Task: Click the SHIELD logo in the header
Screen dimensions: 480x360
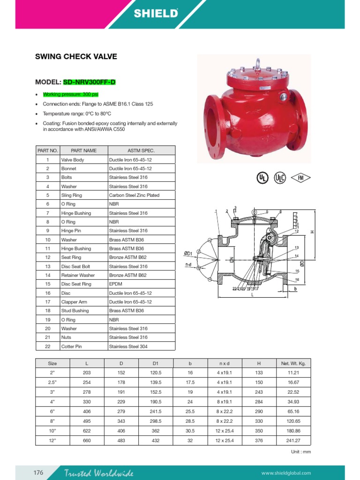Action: click(156, 13)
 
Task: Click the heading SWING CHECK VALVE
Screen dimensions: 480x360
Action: click(76, 57)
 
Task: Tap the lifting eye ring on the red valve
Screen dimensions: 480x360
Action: click(256, 63)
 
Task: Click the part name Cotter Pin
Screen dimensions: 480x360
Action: click(71, 346)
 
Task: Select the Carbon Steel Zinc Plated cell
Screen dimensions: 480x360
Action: click(134, 195)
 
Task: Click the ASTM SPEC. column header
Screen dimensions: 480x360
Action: click(141, 150)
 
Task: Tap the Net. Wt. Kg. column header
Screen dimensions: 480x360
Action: click(293, 363)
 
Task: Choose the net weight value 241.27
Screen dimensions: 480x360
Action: click(293, 440)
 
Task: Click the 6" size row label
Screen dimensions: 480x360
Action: click(52, 412)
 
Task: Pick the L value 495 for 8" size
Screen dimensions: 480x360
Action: click(87, 421)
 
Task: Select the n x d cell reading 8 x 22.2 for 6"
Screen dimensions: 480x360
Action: click(224, 412)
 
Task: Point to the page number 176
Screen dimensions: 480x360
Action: click(38, 472)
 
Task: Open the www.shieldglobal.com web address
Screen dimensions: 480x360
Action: click(286, 473)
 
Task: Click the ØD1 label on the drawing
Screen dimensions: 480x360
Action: click(188, 254)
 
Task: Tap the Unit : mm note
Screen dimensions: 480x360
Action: click(301, 452)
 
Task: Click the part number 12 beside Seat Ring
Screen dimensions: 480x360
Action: click(48, 257)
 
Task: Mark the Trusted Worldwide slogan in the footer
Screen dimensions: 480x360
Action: click(99, 473)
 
